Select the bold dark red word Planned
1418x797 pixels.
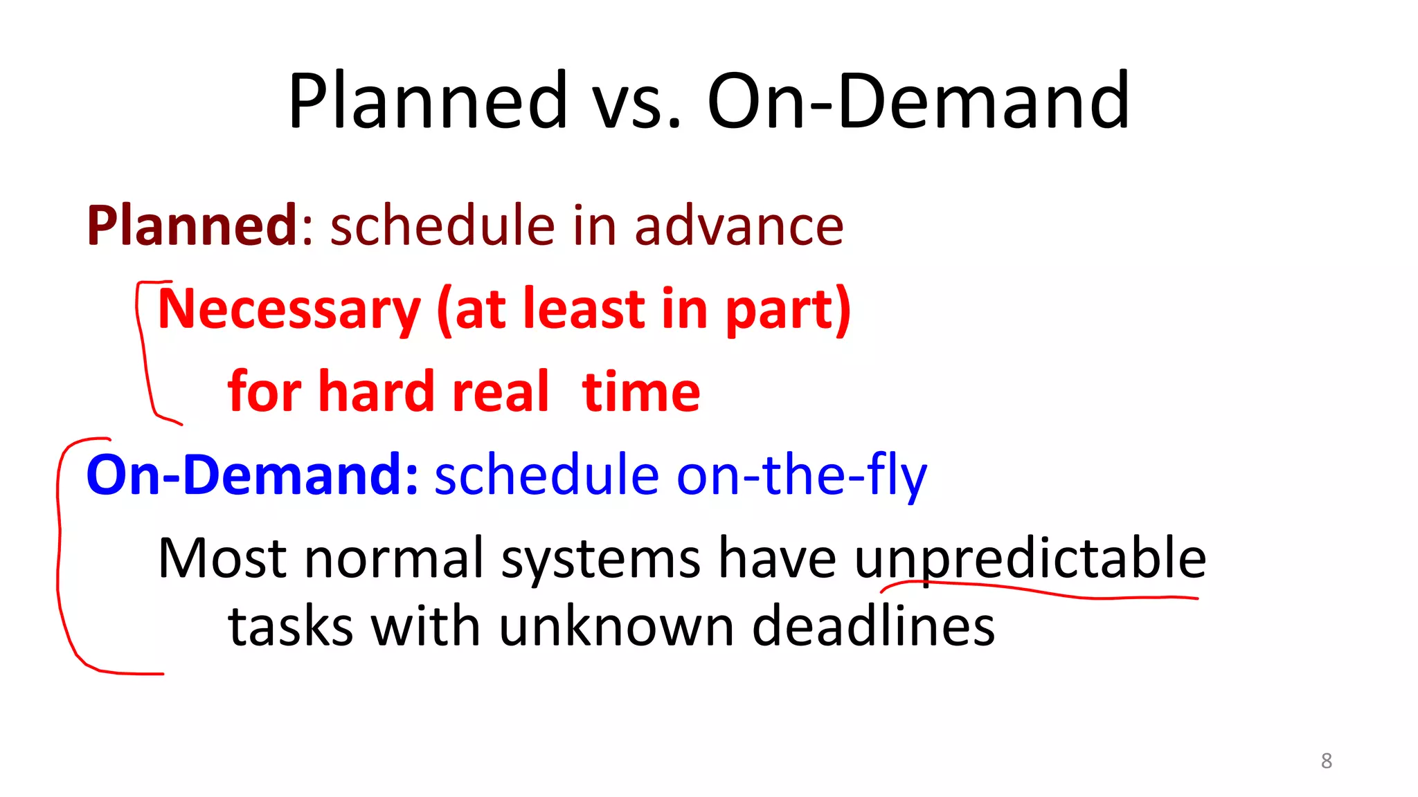click(192, 226)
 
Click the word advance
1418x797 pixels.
click(739, 226)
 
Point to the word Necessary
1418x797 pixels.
click(289, 309)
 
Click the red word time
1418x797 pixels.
click(641, 392)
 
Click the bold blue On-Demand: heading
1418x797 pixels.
click(252, 475)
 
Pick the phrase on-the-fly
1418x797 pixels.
click(801, 475)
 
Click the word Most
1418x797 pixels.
click(222, 558)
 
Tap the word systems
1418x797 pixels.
click(600, 558)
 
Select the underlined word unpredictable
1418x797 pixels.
click(1030, 558)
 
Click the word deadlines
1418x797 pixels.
click(873, 626)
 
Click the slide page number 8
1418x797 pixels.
click(1326, 761)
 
